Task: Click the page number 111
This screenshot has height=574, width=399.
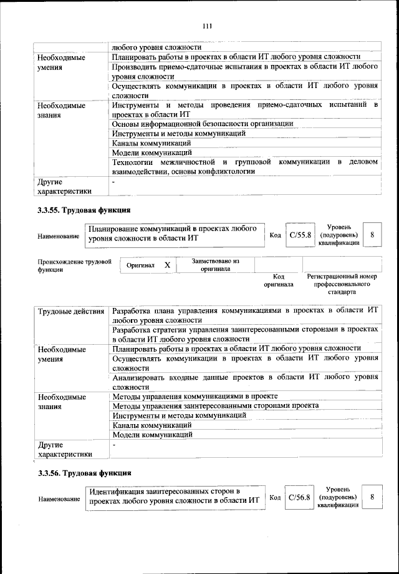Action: (208, 26)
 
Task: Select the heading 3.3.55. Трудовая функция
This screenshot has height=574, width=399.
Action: (84, 209)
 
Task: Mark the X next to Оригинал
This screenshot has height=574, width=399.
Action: (167, 265)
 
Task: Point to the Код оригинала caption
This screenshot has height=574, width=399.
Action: (279, 280)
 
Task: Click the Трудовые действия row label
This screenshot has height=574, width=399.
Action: (72, 311)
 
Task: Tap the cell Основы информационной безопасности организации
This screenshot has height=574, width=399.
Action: (202, 124)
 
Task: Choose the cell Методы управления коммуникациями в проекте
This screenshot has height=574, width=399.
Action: (195, 397)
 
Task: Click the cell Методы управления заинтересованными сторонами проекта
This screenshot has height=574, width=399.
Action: (215, 406)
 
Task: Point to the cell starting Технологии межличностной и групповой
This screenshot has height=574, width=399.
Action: (244, 167)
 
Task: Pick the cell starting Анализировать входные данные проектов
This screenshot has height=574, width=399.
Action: (244, 382)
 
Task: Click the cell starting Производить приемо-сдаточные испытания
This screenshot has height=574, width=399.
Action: (244, 71)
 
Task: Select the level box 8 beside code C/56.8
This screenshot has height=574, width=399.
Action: (372, 497)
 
